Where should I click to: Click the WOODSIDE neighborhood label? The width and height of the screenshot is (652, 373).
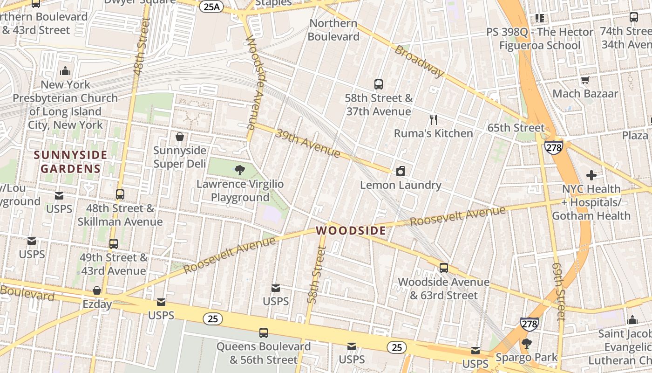click(x=351, y=230)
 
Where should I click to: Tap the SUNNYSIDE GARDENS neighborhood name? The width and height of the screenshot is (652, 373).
click(x=70, y=161)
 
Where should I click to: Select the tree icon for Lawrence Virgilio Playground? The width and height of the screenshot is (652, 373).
click(x=240, y=170)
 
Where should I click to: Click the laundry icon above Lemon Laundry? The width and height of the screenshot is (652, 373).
click(x=401, y=172)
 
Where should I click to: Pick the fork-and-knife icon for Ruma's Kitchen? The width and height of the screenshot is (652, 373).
click(x=434, y=120)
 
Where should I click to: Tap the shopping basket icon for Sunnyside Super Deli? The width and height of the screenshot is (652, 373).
click(x=180, y=137)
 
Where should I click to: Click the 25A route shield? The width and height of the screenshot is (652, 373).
click(x=211, y=7)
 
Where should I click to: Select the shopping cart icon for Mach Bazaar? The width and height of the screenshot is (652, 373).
click(x=585, y=80)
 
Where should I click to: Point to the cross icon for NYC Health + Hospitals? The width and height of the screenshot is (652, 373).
click(x=591, y=175)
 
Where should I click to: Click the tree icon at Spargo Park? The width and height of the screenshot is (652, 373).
click(x=526, y=344)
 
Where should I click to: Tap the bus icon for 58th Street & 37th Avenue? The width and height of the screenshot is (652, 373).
click(x=379, y=84)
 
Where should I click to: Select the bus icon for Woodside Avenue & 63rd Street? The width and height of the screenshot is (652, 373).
click(x=444, y=268)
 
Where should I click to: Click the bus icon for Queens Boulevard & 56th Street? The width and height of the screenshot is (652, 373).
click(x=264, y=333)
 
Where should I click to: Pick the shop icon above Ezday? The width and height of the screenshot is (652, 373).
click(x=97, y=291)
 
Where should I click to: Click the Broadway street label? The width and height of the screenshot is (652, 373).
click(x=419, y=61)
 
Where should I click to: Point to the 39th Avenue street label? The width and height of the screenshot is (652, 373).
click(x=308, y=143)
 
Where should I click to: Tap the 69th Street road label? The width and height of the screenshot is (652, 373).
click(x=558, y=291)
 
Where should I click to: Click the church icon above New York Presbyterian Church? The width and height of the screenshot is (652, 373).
click(x=65, y=71)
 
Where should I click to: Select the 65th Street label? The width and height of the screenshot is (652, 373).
click(x=516, y=128)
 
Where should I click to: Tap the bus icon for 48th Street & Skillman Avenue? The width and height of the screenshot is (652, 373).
click(x=120, y=194)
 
